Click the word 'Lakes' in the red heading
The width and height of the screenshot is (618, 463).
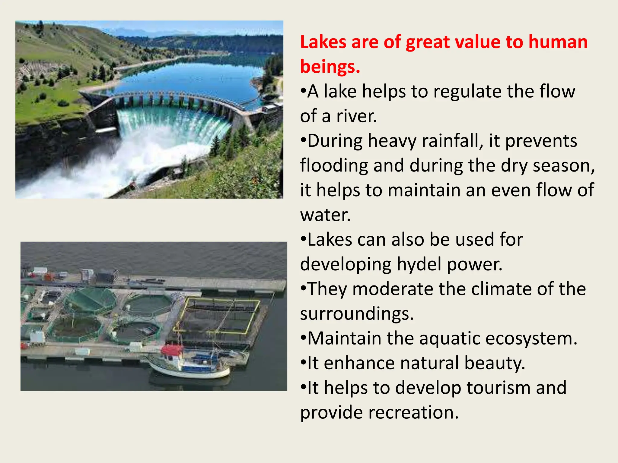(323, 42)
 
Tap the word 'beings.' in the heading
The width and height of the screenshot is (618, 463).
(330, 67)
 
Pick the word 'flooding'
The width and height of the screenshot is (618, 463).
(334, 166)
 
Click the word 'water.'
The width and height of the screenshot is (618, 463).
(325, 215)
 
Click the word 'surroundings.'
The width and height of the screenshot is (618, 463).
(357, 314)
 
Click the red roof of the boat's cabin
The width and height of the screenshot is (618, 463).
(172, 350)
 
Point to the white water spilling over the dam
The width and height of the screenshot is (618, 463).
(169, 127)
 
